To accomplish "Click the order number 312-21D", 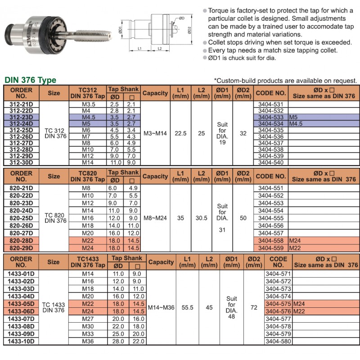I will (x=22, y=104).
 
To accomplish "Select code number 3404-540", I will (x=271, y=162).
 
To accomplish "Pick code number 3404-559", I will (x=271, y=248).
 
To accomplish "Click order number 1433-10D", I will (x=22, y=342).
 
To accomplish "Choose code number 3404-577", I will (x=278, y=318).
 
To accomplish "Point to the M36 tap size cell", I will (x=88, y=342).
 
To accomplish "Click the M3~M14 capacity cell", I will (x=155, y=133).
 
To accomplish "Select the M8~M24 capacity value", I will (x=155, y=218).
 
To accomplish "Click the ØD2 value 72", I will (x=254, y=308).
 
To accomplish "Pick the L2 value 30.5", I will (x=201, y=218).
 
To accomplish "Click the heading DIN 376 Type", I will (x=30, y=81).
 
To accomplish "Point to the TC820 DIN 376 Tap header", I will (x=88, y=176).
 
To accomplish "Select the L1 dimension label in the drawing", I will (x=140, y=48).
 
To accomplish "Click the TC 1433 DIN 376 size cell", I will (x=53, y=308).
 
